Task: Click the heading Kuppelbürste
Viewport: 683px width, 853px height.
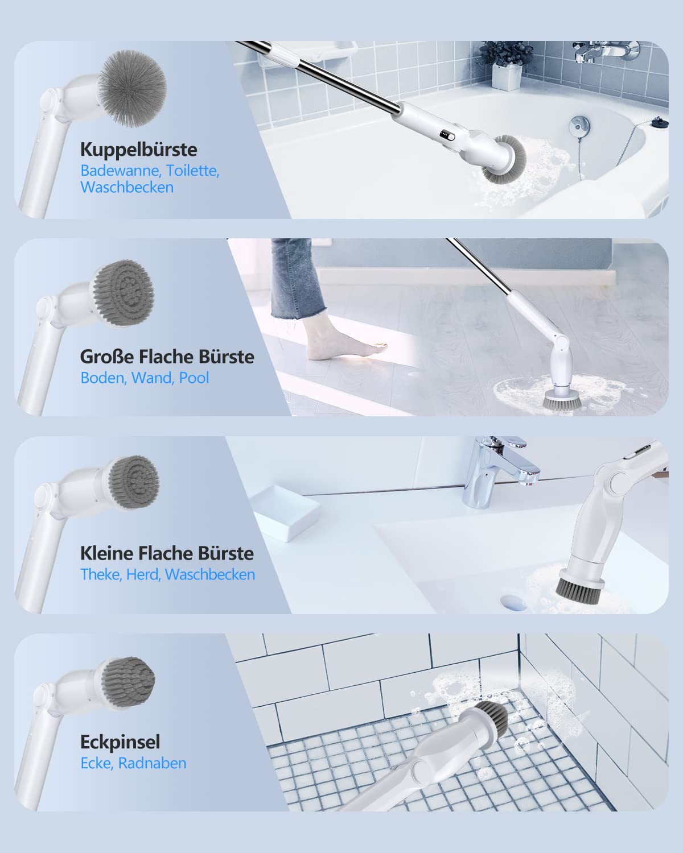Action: coord(138,150)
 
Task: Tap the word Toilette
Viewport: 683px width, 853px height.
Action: coord(192,171)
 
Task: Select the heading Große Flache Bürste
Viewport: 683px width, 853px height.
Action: coord(167,357)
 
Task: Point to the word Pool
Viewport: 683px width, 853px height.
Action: coord(194,378)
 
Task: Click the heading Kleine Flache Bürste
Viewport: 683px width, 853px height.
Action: coord(167,553)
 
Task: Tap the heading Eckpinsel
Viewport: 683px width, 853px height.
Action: coord(120,742)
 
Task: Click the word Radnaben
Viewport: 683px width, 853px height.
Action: coord(152,763)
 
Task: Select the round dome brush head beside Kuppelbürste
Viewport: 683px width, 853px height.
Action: coord(133,88)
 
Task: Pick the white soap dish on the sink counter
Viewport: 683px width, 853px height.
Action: coord(286,512)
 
